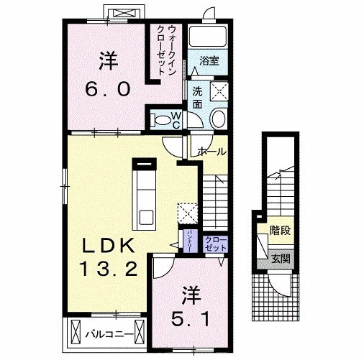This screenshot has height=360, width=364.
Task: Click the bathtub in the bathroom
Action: coord(210,37)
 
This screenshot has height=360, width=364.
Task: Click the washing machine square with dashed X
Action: coord(217,91)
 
